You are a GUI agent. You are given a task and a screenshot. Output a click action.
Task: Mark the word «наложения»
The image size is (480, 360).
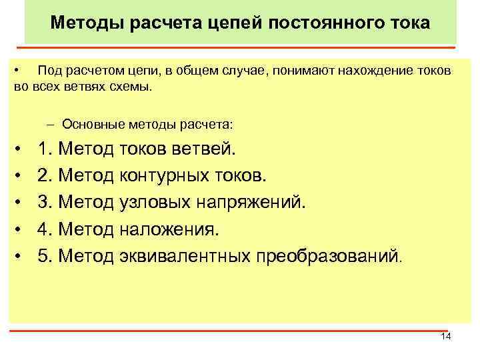point(171,229)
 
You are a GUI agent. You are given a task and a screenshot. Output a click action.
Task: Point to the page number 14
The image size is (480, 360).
point(446,337)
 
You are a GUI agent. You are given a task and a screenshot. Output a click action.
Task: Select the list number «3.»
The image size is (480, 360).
point(46,202)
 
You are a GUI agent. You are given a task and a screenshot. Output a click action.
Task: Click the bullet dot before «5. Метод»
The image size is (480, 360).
point(22,255)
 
